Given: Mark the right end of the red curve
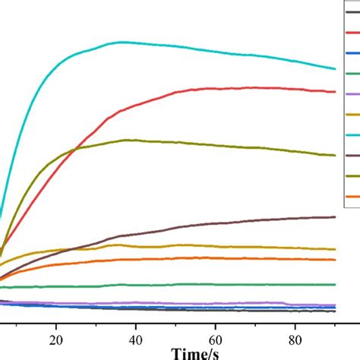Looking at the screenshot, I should point(335,92).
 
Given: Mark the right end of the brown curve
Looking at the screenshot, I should point(335,216).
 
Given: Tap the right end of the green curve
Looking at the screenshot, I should point(335,285).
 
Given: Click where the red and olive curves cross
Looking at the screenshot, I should point(74,150).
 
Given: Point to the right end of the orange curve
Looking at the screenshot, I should point(335,260).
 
